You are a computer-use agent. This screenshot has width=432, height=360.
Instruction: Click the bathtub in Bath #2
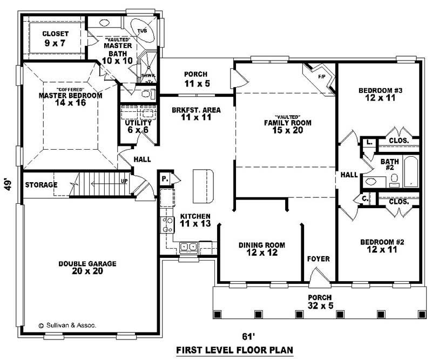pos(411,172)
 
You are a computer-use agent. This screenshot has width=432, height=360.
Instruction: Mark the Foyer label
pos(318,259)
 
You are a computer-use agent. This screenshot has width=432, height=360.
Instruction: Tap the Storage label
pos(40,185)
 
